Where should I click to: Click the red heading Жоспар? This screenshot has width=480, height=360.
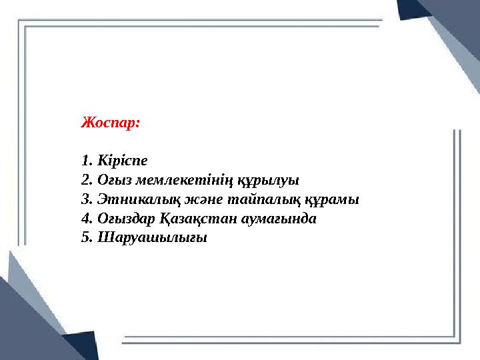[x=110, y=123]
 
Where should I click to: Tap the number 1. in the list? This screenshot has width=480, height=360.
[x=86, y=161]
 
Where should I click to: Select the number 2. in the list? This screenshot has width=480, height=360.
[x=86, y=180]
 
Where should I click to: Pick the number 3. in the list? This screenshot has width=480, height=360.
[x=86, y=199]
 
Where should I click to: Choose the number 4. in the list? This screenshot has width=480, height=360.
[x=86, y=219]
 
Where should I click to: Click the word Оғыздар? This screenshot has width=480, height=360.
[x=124, y=219]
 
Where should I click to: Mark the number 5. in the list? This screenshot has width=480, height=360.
[x=86, y=238]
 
